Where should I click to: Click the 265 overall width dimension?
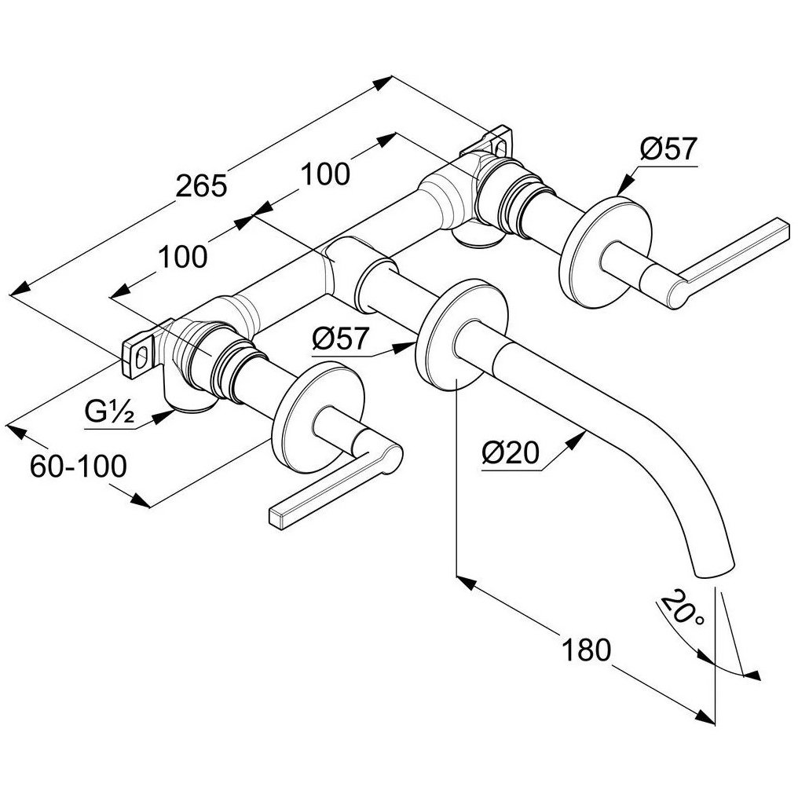[200, 185]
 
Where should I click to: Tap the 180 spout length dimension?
[586, 650]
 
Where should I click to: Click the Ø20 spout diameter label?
[510, 452]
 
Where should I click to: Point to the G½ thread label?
[109, 412]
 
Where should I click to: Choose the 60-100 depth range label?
[78, 466]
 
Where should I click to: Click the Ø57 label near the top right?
[668, 149]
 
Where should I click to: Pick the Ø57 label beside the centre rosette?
[339, 339]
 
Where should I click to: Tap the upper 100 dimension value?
[325, 174]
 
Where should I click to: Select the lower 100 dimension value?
[183, 257]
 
